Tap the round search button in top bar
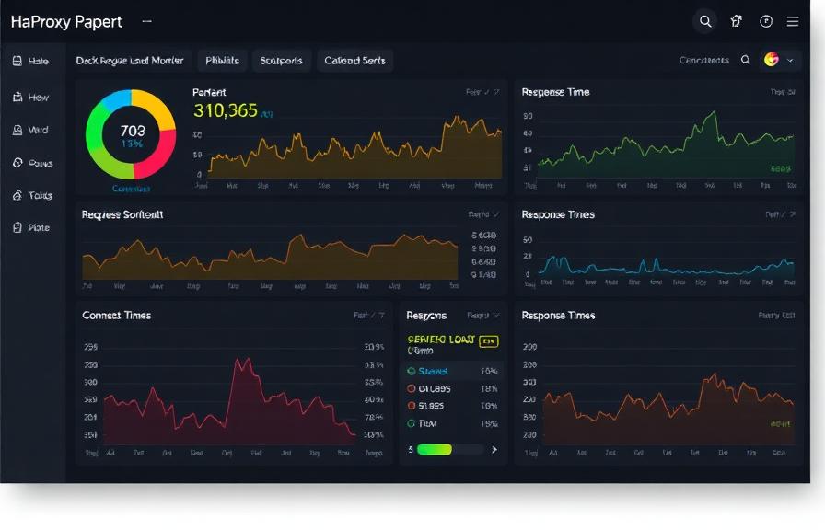tap(704, 21)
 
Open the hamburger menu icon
tap(792, 21)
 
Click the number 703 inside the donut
tap(132, 132)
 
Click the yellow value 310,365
tap(226, 111)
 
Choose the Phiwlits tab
tap(222, 61)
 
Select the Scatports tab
tap(281, 61)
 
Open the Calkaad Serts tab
tap(355, 61)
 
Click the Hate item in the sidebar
tap(32, 61)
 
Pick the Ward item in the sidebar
tap(32, 130)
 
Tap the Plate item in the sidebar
tap(32, 227)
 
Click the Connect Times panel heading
tap(116, 316)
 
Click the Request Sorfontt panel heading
tap(122, 214)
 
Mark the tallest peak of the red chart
tap(241, 361)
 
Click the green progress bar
tap(435, 450)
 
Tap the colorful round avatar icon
tap(772, 60)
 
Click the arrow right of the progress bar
tap(494, 450)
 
